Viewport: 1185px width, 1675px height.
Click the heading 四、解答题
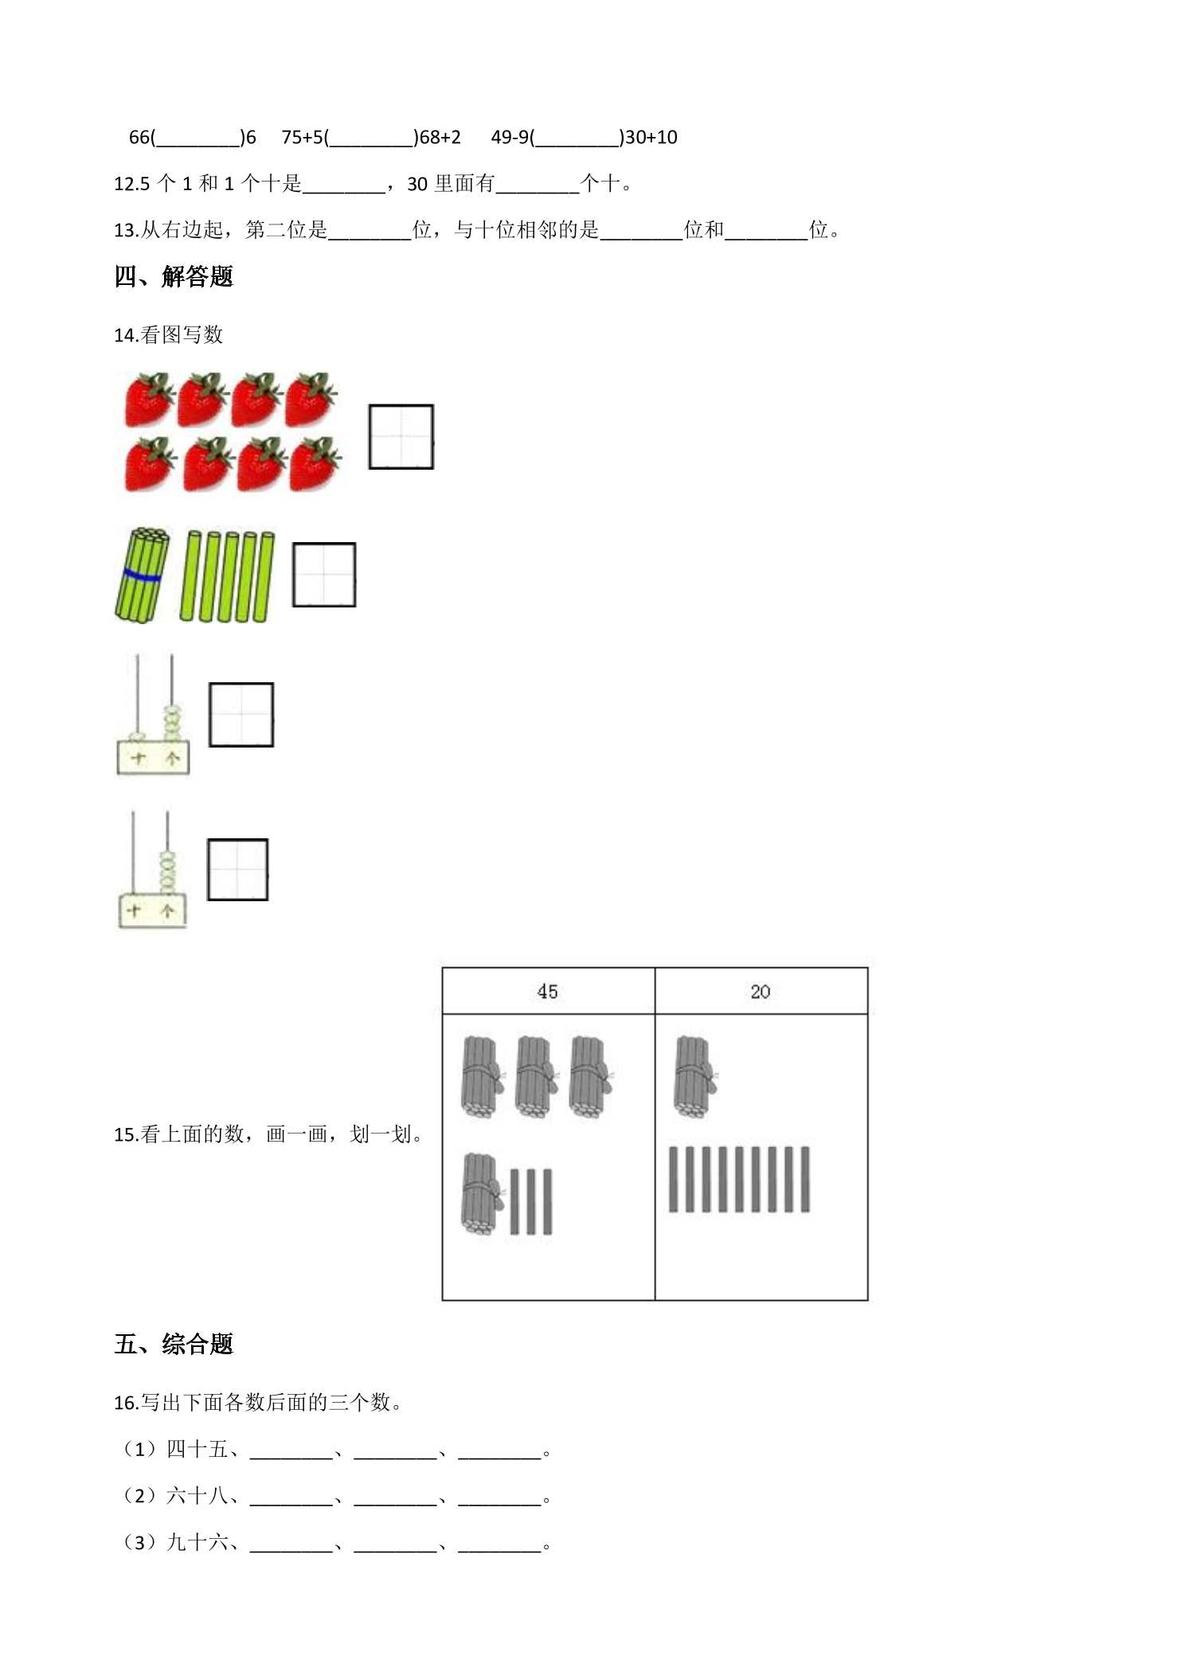pos(174,277)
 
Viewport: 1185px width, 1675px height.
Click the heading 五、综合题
pos(174,1345)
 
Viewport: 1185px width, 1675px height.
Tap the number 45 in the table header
pos(547,991)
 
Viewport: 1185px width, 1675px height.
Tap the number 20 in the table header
pos(760,991)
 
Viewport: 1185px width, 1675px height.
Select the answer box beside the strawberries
pos(401,436)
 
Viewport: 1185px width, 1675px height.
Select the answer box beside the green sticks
pos(323,575)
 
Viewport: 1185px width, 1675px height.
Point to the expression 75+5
pos(303,138)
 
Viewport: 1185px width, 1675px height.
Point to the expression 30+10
pos(651,138)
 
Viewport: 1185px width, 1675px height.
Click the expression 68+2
pos(440,138)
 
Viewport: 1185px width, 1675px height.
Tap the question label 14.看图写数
pos(168,334)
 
